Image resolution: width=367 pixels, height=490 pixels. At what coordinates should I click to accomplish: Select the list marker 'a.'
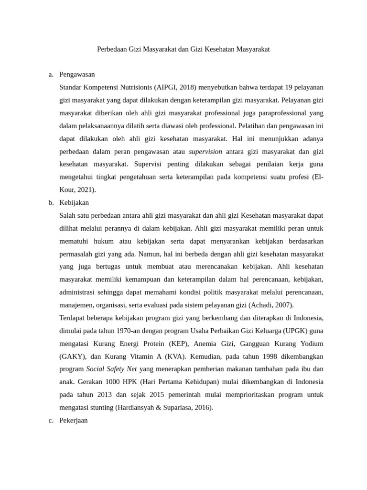[x=51, y=75]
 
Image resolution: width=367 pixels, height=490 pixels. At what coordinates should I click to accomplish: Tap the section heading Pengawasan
[x=77, y=75]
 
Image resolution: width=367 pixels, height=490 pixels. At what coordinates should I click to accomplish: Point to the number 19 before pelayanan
[x=289, y=88]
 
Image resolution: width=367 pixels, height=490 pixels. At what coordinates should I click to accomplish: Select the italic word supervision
[x=205, y=152]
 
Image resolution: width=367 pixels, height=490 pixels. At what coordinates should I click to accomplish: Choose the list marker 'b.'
[x=51, y=203]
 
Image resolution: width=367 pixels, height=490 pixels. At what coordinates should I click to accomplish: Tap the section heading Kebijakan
[x=74, y=203]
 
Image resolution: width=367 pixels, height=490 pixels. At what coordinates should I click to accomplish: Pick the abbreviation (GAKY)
[x=73, y=356]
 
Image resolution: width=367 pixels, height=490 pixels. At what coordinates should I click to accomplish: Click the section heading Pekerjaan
[x=74, y=421]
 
